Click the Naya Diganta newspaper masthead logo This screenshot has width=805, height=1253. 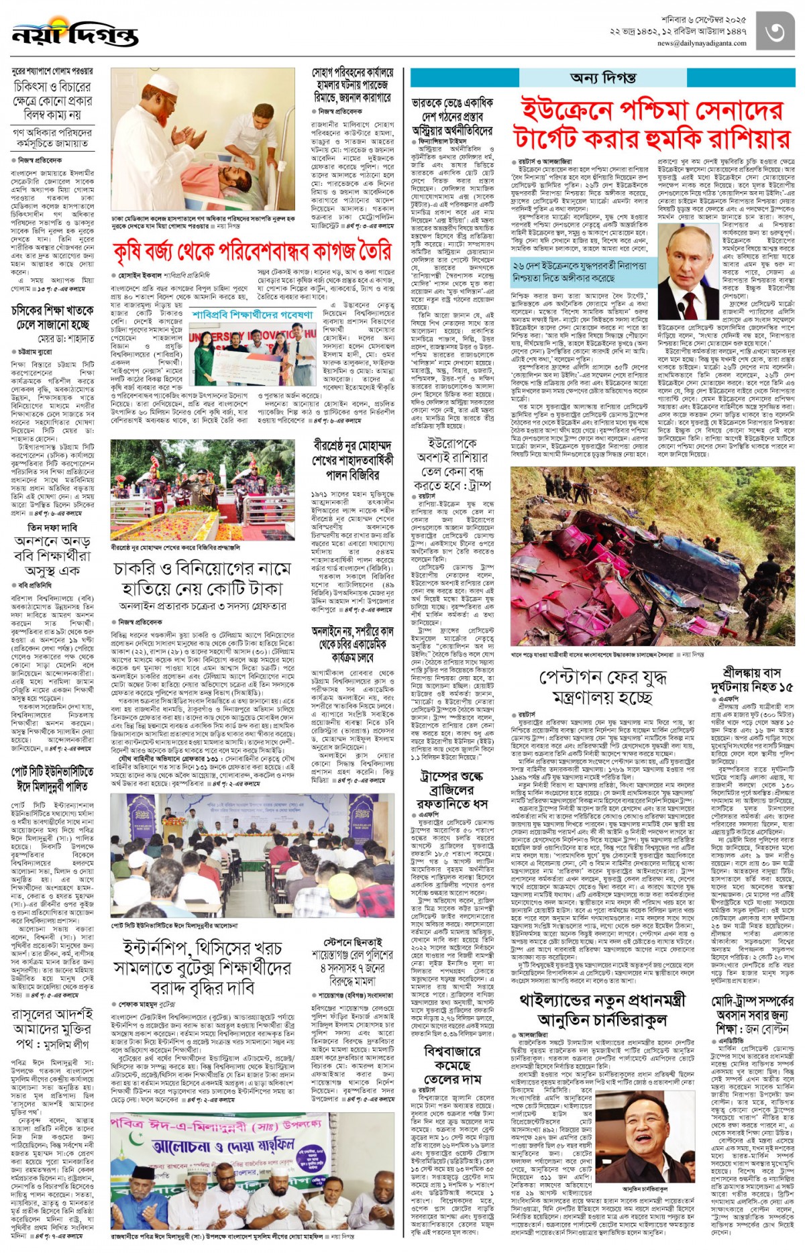(x=75, y=34)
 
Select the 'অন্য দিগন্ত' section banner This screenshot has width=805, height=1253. (x=603, y=78)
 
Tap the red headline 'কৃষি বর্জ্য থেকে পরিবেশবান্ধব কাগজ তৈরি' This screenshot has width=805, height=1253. (x=252, y=252)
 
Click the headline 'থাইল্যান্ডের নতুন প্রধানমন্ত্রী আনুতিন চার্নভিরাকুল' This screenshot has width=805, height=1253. (x=602, y=1010)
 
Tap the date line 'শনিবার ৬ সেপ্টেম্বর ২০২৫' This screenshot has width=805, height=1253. (x=702, y=19)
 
